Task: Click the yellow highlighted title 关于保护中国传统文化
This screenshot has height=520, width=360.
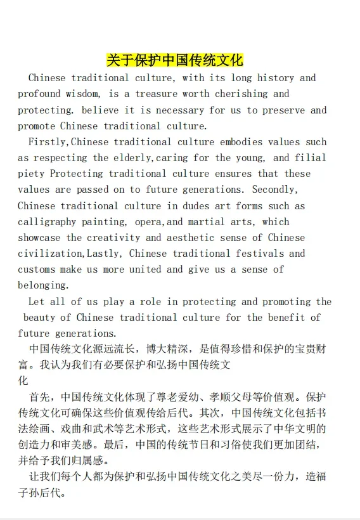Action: click(174, 60)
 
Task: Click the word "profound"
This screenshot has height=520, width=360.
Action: click(39, 94)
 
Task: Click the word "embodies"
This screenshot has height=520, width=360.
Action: click(241, 142)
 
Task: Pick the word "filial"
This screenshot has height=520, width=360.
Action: click(310, 158)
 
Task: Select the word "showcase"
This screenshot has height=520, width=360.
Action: click(39, 238)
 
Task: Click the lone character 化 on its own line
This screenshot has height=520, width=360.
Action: click(23, 381)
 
